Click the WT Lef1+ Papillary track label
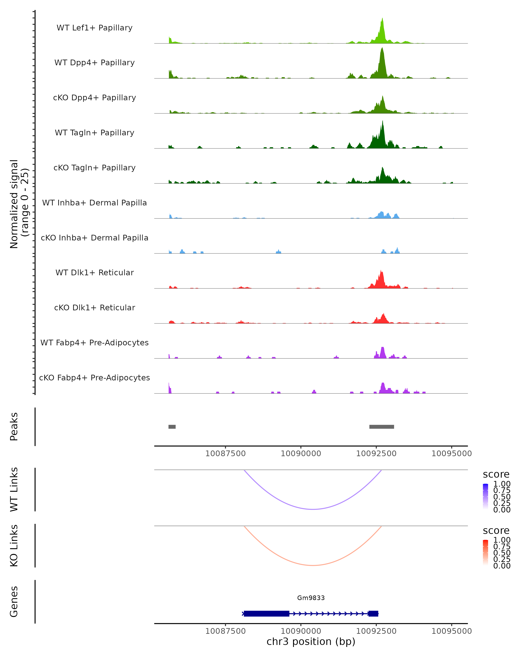[x=94, y=28]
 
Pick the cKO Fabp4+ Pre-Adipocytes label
[x=94, y=378]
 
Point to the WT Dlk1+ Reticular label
[x=94, y=272]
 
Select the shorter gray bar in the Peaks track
[x=172, y=427]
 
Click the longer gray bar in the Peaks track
[x=382, y=427]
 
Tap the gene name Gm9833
[x=311, y=598]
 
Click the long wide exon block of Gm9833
[x=267, y=613]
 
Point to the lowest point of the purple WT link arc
[x=313, y=509]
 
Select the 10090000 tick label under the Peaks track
[x=301, y=454]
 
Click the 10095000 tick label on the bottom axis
[x=451, y=631]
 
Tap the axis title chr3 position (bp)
[x=311, y=641]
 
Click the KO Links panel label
[x=14, y=546]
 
